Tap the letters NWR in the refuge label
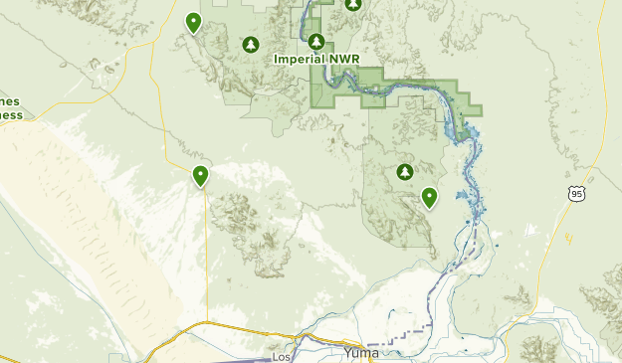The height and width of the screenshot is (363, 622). (x=342, y=60)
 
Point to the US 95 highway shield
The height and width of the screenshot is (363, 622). (x=577, y=192)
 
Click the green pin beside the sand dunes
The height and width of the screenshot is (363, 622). (x=201, y=176)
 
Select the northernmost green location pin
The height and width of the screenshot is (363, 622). (x=194, y=22)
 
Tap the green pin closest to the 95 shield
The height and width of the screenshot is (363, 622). (x=429, y=197)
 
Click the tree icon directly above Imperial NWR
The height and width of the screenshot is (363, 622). (x=316, y=42)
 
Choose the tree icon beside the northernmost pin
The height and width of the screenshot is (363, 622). (x=251, y=45)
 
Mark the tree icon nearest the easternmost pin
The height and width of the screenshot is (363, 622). (x=404, y=173)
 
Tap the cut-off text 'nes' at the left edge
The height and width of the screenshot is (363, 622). (x=9, y=101)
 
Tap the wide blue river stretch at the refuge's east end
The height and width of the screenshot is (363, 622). (x=463, y=129)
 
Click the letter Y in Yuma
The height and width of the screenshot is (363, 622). (x=347, y=354)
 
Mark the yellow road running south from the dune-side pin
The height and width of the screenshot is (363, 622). (x=206, y=259)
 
